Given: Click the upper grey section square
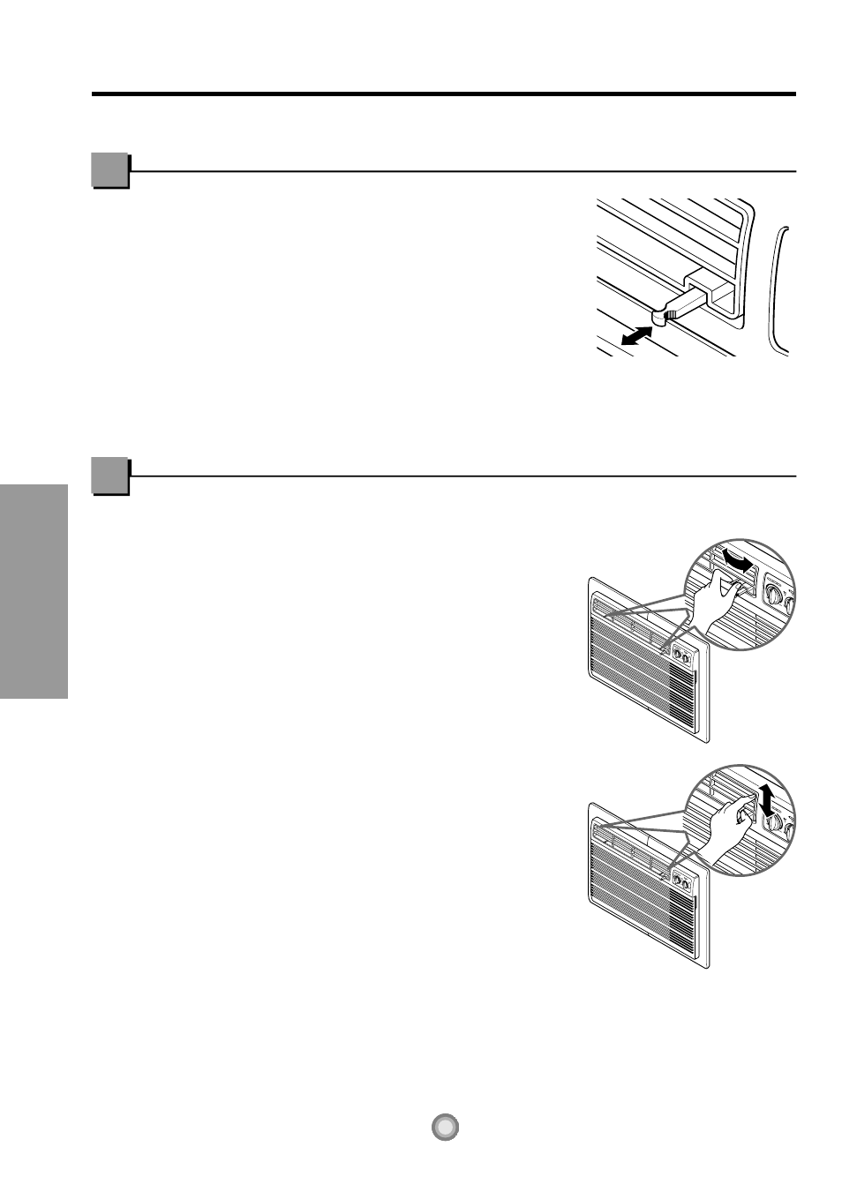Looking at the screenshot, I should coord(109,170).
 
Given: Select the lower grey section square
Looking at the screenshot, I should coord(109,476).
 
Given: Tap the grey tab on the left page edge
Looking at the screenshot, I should coord(34,591).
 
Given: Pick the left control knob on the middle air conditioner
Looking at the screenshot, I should coord(679,656).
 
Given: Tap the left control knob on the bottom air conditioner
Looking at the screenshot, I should coord(679,880).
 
